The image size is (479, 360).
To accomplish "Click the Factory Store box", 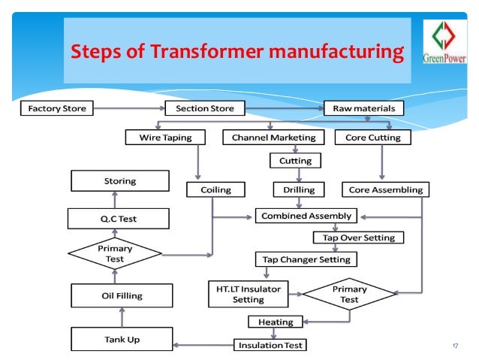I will click(x=56, y=109).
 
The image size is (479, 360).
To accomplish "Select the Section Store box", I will click(x=204, y=109).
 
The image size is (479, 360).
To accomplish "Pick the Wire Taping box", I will click(x=166, y=138).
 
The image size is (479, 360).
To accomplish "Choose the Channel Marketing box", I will click(x=273, y=138).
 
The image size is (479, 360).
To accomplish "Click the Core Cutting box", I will click(x=373, y=138).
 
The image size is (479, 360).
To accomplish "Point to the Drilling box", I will click(x=294, y=189).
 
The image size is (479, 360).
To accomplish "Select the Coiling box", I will click(x=215, y=189).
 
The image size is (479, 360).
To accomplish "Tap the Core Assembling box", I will click(x=386, y=189).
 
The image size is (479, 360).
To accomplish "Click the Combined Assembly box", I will click(x=306, y=216).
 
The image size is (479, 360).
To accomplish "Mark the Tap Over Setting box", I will click(x=358, y=237).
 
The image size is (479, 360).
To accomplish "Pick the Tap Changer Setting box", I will click(x=306, y=259).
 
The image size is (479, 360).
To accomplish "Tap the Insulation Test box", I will click(x=271, y=346).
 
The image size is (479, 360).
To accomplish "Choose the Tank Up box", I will click(x=121, y=340).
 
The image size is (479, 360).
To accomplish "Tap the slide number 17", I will click(x=454, y=345).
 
